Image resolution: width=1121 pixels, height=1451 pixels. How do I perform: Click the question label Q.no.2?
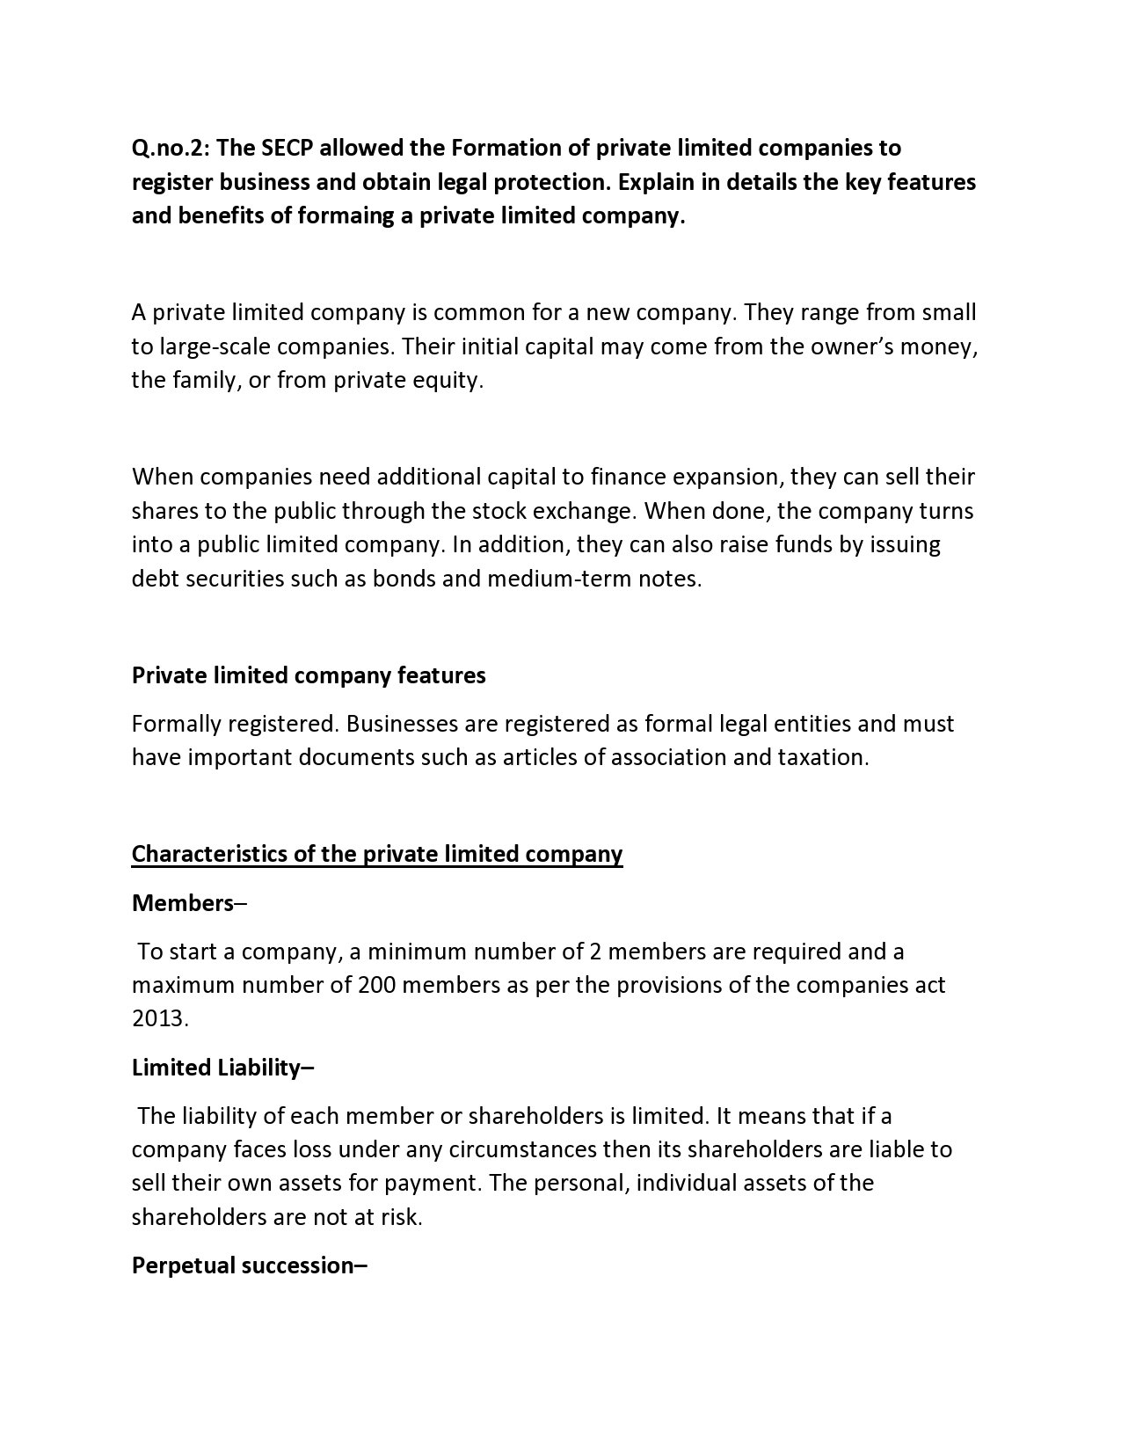click(x=171, y=148)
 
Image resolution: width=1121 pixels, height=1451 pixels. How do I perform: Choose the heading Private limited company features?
click(x=309, y=675)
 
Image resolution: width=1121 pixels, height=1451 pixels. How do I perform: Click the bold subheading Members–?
click(x=189, y=903)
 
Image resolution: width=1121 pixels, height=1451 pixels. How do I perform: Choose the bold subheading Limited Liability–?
click(x=222, y=1068)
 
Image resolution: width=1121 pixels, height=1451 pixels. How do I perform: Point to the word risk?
click(x=402, y=1218)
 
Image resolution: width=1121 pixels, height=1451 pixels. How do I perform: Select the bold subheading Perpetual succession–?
click(x=249, y=1265)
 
